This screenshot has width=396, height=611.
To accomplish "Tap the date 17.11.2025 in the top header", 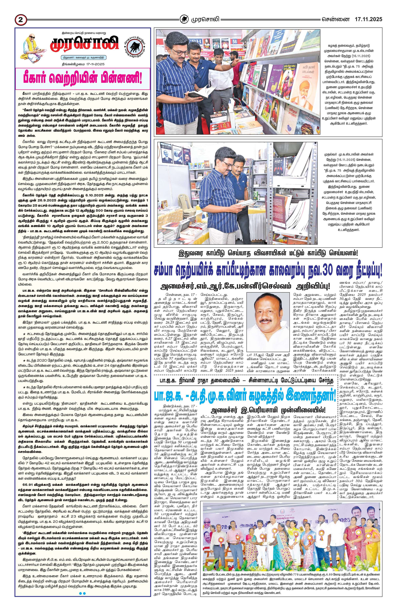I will click(x=368, y=19).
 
